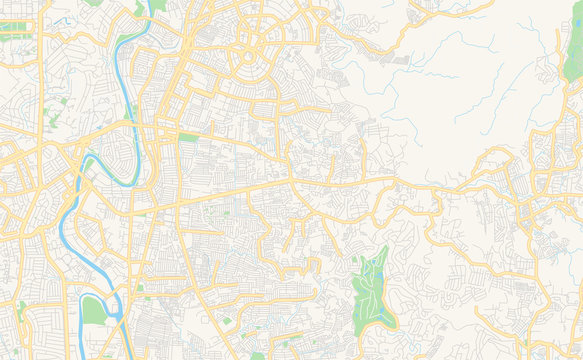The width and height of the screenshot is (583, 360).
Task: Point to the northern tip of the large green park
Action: coord(381,248)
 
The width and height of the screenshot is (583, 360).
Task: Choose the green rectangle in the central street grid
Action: coord(188,136)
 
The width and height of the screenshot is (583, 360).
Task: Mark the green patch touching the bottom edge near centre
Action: coord(257,355)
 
